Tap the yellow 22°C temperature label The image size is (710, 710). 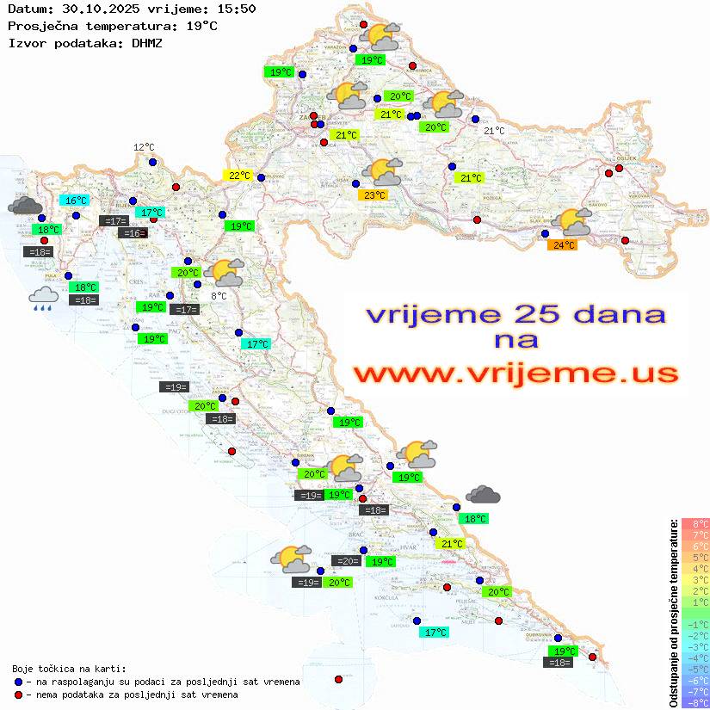(x=238, y=176)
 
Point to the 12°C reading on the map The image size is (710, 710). (x=144, y=147)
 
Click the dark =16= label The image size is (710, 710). (x=133, y=233)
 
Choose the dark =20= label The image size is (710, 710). (x=348, y=561)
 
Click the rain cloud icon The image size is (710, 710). (x=43, y=299)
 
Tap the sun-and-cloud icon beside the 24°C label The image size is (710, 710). (x=575, y=222)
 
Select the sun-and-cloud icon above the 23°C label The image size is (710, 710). (x=382, y=172)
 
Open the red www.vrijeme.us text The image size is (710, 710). (x=516, y=374)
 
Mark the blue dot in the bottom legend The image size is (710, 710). (x=18, y=682)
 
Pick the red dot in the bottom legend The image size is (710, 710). (x=18, y=695)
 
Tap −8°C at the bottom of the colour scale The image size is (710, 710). (x=695, y=702)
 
